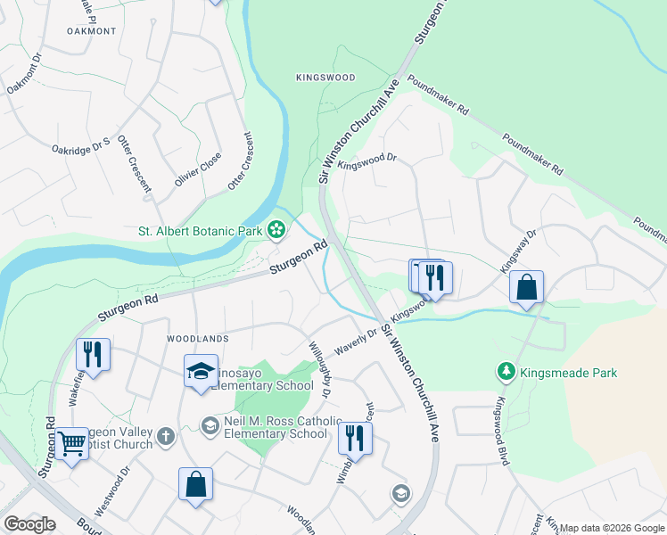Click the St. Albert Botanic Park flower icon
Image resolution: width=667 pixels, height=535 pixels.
pos(276,231)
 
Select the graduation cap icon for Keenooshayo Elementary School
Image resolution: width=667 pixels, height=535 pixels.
pos(202,370)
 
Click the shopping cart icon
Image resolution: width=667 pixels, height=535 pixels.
pos(71,441)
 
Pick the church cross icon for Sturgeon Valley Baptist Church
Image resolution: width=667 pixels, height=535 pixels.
pos(164,436)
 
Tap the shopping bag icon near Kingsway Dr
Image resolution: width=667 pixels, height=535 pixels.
pos(527,287)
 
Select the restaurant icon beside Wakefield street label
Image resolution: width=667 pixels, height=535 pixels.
pos(93,353)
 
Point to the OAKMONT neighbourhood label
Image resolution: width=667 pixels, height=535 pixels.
pos(91,30)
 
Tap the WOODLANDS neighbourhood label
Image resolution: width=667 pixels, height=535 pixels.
pos(197,339)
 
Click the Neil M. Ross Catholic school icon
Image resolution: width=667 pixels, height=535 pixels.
pos(210,426)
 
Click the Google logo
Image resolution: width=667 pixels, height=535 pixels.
pos(29,524)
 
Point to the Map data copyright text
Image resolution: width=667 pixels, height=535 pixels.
pos(611,528)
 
